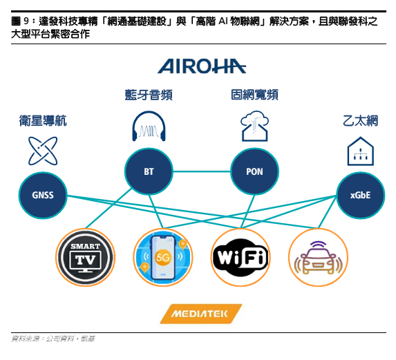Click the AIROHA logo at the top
202,66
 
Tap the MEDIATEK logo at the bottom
201,314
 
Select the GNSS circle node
43,195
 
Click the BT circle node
149,171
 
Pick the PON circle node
254,171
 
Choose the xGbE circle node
360,195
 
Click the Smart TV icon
86,257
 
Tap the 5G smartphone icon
163,257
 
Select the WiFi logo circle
241,257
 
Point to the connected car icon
318,257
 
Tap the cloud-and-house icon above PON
254,126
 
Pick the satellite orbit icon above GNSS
43,151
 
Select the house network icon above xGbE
360,151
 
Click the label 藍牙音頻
149,95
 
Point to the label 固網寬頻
254,95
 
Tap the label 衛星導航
43,121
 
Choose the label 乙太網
360,121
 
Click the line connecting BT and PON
202,171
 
